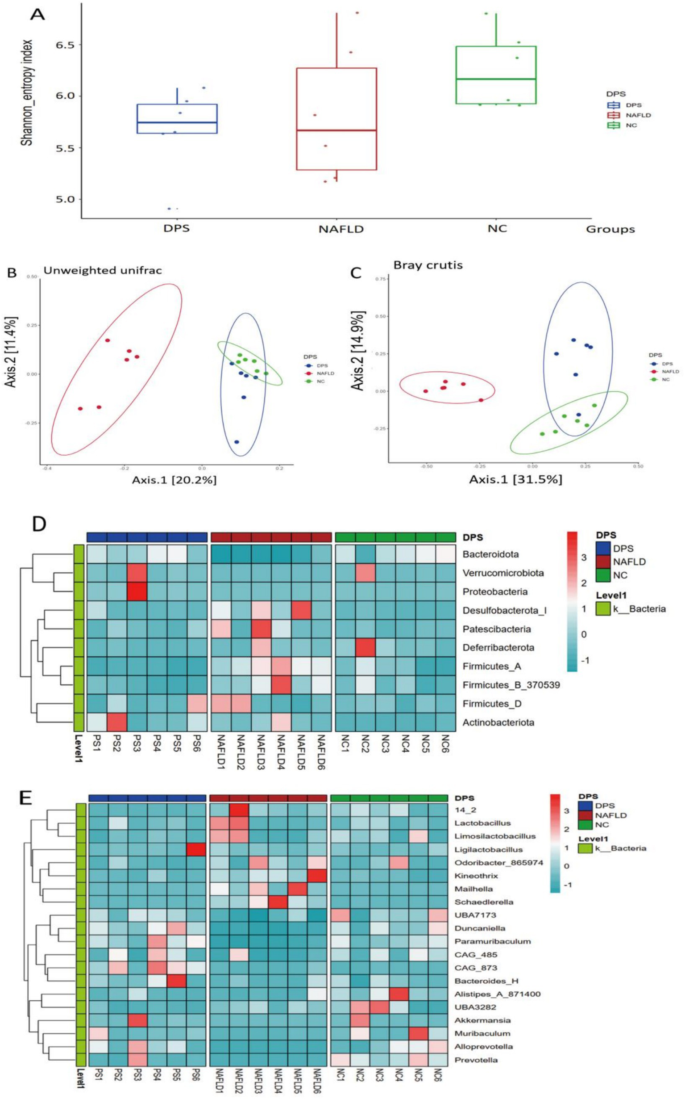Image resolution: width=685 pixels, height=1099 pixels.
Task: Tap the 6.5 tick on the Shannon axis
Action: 65,44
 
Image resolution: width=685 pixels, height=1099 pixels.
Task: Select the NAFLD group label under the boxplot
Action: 340,229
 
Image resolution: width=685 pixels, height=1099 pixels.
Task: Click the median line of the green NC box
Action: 496,79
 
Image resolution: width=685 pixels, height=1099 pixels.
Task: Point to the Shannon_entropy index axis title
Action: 27,93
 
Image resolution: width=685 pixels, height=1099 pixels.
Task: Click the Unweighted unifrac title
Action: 102,270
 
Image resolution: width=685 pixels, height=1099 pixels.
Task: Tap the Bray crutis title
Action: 428,265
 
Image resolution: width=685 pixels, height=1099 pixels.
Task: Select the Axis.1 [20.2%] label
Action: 174,479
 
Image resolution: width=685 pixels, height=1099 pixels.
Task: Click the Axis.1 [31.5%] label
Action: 515,479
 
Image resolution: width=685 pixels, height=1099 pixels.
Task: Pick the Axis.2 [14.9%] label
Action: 357,351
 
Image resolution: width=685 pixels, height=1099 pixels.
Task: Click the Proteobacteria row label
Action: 495,591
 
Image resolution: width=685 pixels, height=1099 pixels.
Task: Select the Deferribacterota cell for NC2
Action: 365,647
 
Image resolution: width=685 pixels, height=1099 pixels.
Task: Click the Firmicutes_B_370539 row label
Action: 511,685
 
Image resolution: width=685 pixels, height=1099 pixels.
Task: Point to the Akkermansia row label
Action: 482,1020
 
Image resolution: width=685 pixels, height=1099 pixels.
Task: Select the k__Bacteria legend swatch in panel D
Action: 602,608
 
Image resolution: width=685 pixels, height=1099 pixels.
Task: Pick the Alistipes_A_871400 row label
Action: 498,994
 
